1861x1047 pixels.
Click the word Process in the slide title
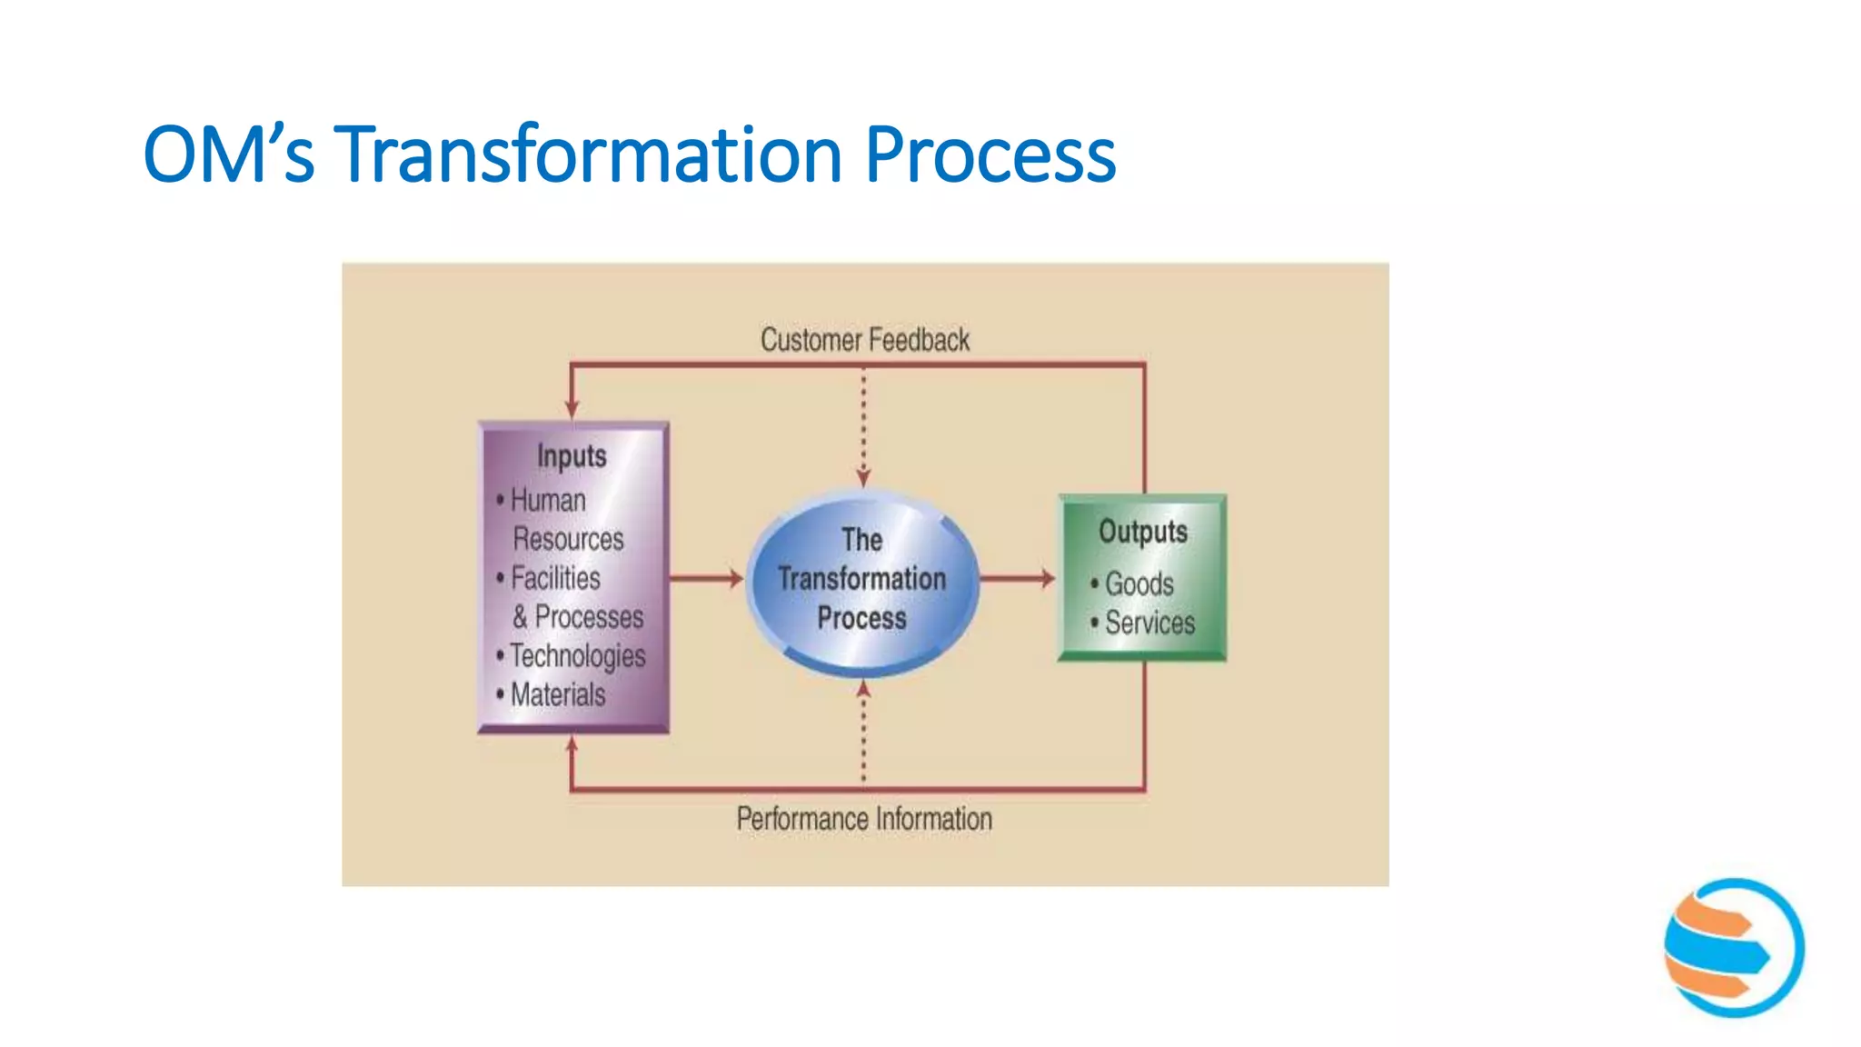pyautogui.click(x=990, y=155)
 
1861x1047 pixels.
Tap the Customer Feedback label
pyautogui.click(x=864, y=340)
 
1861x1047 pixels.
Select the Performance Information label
pyautogui.click(x=864, y=819)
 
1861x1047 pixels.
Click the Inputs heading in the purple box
pyautogui.click(x=572, y=455)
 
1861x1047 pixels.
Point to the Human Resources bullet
pyautogui.click(x=560, y=519)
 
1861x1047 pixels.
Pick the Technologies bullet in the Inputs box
pyautogui.click(x=578, y=655)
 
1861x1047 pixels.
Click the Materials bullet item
pyautogui.click(x=557, y=695)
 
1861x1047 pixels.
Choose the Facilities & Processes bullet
pyautogui.click(x=572, y=597)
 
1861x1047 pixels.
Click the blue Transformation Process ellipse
pyautogui.click(x=862, y=582)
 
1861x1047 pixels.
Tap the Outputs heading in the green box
pyautogui.click(x=1143, y=532)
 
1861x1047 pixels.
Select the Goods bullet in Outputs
pyautogui.click(x=1139, y=583)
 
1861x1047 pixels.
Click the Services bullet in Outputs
pyautogui.click(x=1149, y=623)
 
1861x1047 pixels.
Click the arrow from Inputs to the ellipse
pyautogui.click(x=707, y=578)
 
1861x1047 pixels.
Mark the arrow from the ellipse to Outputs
pyautogui.click(x=1018, y=578)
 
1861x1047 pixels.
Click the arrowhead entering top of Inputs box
pyautogui.click(x=572, y=409)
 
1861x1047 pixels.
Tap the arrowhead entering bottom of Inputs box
pyautogui.click(x=572, y=747)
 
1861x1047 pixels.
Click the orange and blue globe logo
pyautogui.click(x=1734, y=947)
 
